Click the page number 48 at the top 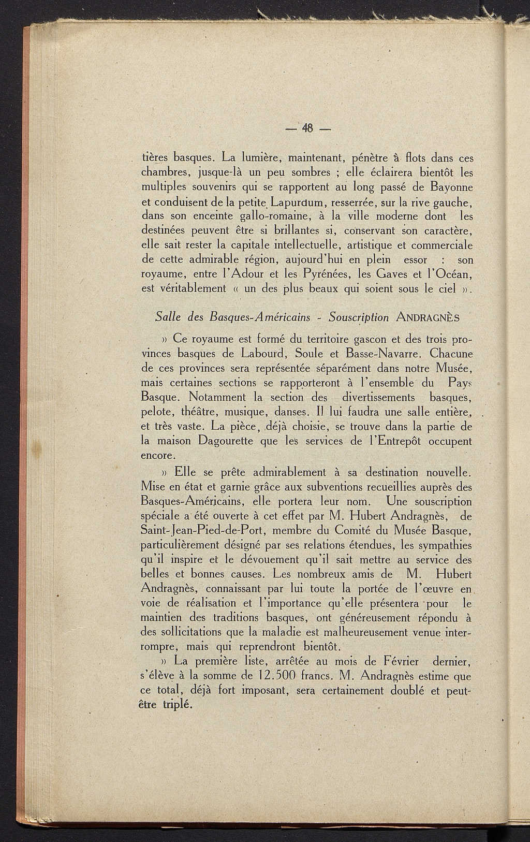click(x=310, y=127)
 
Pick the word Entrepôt click(x=402, y=442)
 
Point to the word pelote click(x=156, y=413)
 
